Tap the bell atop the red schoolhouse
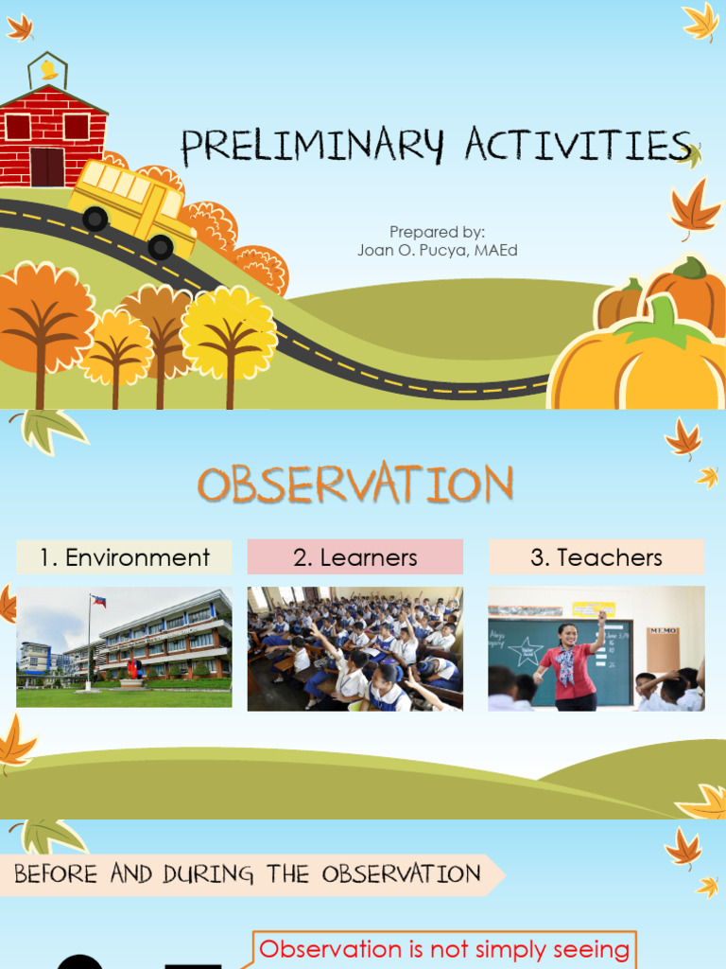click(x=48, y=70)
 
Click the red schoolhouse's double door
click(x=47, y=167)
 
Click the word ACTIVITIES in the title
click(x=578, y=146)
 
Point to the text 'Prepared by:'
click(x=437, y=232)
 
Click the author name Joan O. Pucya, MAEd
click(x=437, y=250)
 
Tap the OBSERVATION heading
click(x=355, y=485)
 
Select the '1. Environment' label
click(x=124, y=558)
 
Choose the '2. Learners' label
click(x=355, y=558)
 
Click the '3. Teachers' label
click(x=596, y=558)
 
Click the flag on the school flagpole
click(x=98, y=601)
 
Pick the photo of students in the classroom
click(x=355, y=648)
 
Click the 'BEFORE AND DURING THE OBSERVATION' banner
click(x=248, y=873)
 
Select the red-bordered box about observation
click(x=444, y=949)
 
